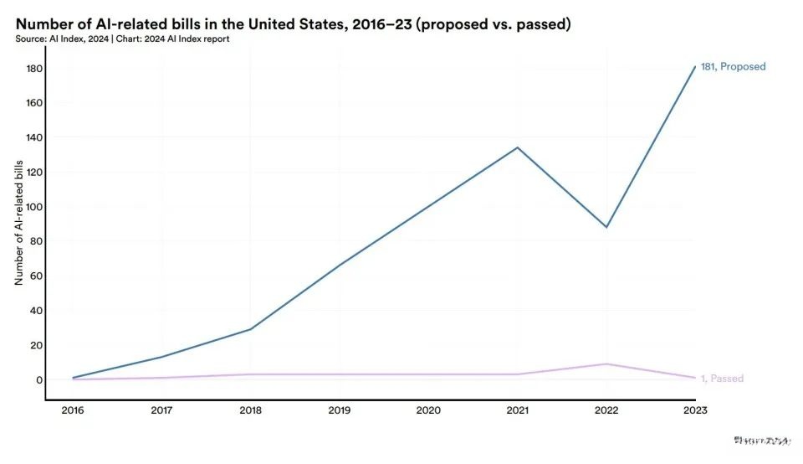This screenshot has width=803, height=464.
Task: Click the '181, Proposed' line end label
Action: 733,67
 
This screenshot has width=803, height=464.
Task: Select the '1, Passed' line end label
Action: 722,379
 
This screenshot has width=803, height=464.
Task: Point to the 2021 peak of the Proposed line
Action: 518,147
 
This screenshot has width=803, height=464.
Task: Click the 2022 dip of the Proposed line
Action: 606,227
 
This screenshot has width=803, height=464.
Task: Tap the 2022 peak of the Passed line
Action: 606,364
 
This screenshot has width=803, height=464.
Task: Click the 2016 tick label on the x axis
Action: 74,410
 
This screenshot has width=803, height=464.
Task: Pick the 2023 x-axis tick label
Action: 694,410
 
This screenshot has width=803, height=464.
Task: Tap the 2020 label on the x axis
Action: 429,410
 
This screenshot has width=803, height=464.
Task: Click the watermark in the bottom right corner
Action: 761,440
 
